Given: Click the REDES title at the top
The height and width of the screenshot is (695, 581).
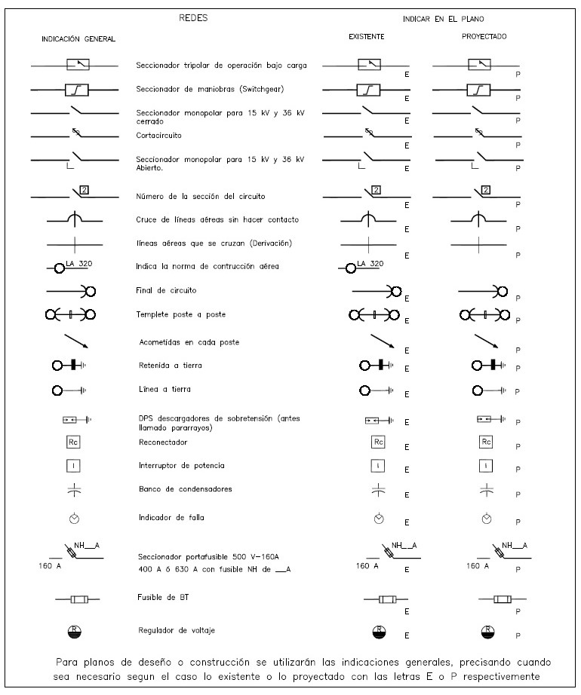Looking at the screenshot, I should coord(192,17).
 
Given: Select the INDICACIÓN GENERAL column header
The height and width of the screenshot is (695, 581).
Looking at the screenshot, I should coord(78,38).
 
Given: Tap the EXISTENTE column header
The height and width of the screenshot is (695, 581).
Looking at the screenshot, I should coord(367,36).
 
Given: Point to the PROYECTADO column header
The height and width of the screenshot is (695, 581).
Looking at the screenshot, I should coord(484,36).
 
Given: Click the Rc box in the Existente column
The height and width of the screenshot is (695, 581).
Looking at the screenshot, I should coord(378,442).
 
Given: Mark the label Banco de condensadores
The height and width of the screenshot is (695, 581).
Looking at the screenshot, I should coord(174,488).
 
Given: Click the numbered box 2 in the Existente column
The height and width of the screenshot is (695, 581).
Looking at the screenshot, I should coord(377,189).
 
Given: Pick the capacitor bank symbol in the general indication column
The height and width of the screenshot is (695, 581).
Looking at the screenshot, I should coord(74,490).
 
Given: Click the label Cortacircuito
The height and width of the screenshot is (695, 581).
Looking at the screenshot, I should coord(158,136).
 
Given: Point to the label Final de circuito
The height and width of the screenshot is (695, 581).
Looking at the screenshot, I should coord(163,290).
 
